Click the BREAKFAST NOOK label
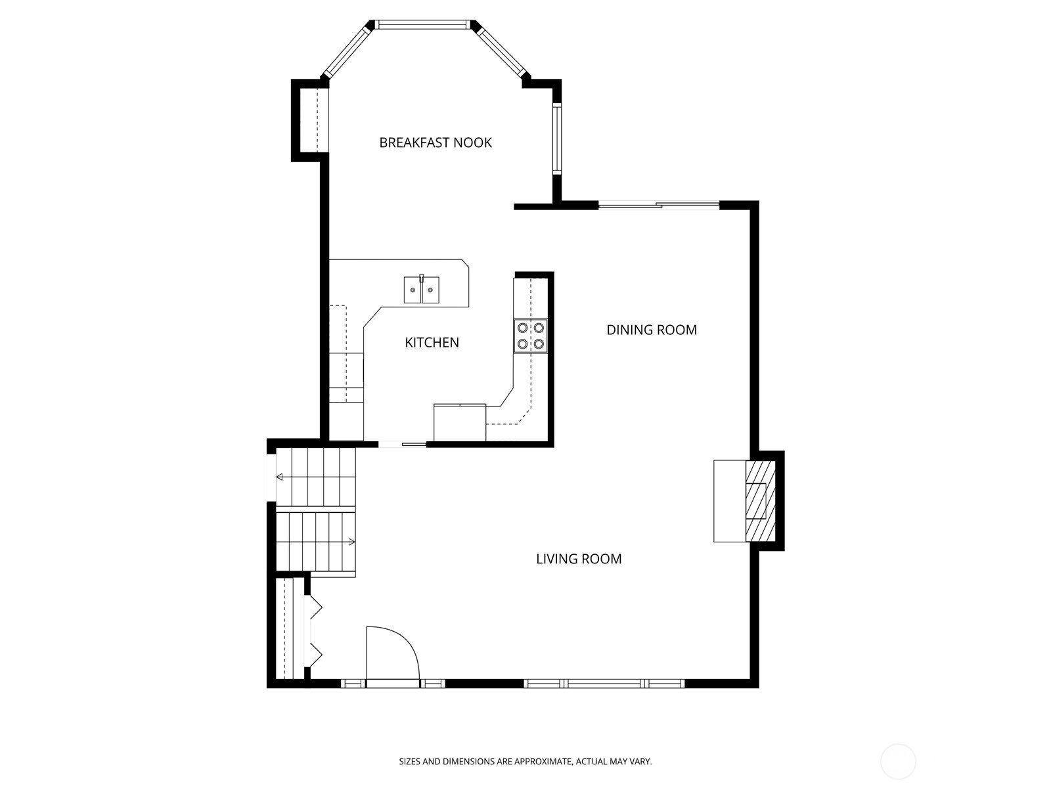pyautogui.click(x=436, y=142)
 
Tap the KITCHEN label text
pyautogui.click(x=432, y=343)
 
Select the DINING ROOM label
pyautogui.click(x=652, y=330)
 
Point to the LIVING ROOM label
pyautogui.click(x=579, y=559)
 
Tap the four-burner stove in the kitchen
pyautogui.click(x=531, y=336)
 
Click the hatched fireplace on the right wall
pyautogui.click(x=761, y=501)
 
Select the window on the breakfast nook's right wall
pyautogui.click(x=557, y=139)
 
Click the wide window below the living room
pyautogui.click(x=604, y=684)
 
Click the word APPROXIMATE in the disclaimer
pyautogui.click(x=543, y=761)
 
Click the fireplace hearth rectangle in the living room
pyautogui.click(x=730, y=501)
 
